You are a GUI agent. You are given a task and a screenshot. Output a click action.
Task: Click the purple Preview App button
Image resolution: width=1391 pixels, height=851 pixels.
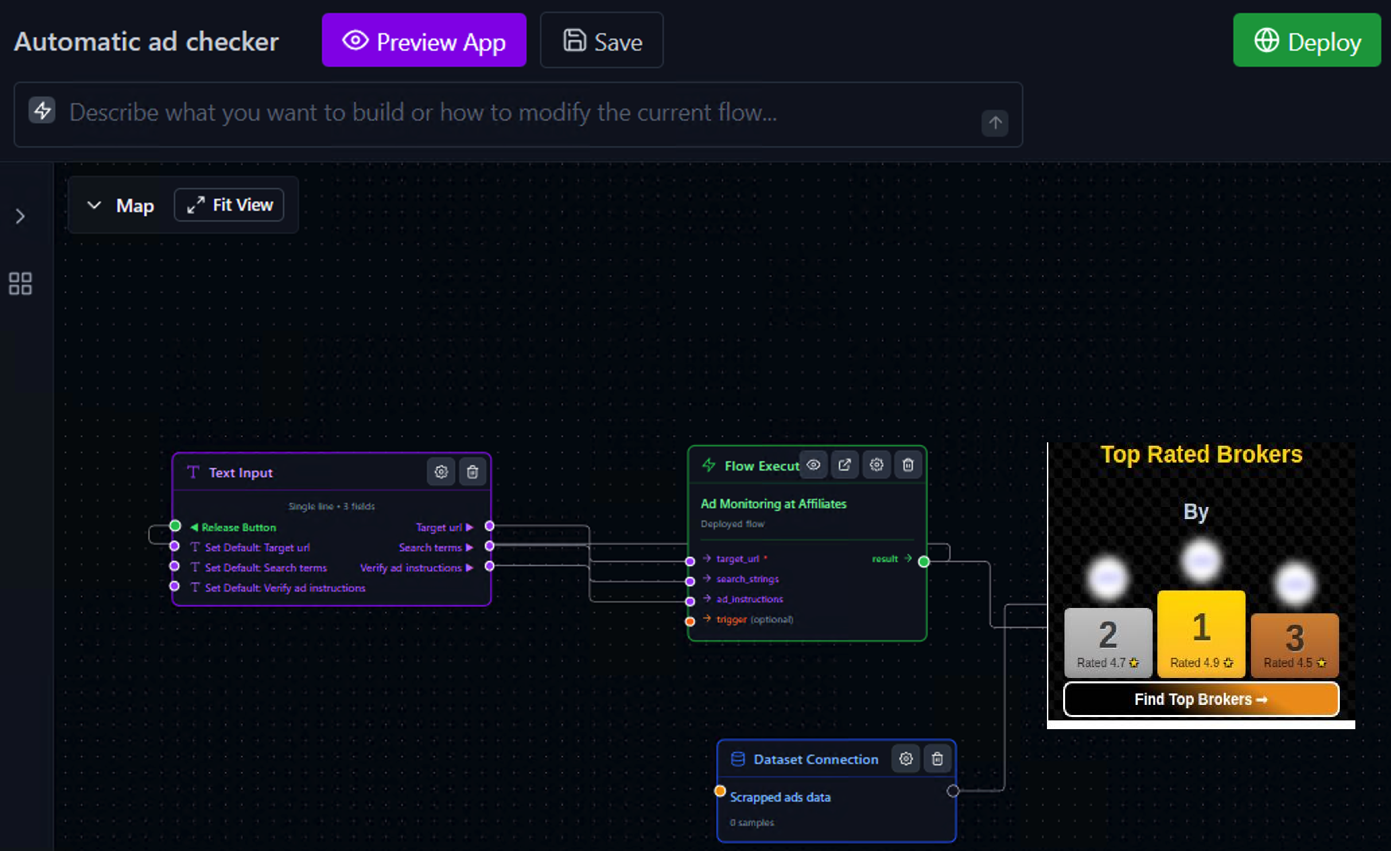[x=423, y=40]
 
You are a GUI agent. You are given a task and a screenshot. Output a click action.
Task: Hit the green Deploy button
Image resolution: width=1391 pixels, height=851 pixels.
[x=1306, y=40]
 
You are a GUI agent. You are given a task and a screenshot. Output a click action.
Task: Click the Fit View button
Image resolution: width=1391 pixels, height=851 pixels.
[x=230, y=205]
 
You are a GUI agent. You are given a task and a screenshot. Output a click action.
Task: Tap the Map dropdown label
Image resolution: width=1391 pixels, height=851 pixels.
[x=135, y=205]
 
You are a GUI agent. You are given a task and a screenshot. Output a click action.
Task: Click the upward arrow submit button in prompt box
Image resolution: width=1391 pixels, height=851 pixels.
[x=994, y=123]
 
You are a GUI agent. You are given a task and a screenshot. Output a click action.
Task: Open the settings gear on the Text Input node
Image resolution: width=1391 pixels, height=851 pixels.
[x=441, y=472]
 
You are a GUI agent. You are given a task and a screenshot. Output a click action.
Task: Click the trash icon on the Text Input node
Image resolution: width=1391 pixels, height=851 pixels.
[x=473, y=472]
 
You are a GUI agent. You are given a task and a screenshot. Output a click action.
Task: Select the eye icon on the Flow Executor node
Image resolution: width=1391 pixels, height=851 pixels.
[x=813, y=465]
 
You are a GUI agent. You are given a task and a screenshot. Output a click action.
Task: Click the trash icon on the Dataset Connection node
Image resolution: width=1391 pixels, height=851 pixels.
[x=937, y=759]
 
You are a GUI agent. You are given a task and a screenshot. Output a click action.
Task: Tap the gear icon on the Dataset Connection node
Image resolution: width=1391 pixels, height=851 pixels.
[x=906, y=759]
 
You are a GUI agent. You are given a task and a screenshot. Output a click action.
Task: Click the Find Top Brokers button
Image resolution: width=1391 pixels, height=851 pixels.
[x=1200, y=700]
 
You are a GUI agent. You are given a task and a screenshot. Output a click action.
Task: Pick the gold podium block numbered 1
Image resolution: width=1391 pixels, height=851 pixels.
[x=1201, y=633]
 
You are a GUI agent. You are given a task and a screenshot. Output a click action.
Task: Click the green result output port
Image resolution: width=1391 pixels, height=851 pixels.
[x=924, y=561]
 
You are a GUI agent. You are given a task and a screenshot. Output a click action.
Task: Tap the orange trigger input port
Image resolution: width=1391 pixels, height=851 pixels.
[x=690, y=621]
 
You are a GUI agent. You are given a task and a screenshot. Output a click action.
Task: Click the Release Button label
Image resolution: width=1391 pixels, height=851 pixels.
[x=238, y=527]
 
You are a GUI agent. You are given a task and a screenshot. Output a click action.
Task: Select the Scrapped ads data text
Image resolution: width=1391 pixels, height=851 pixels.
[x=780, y=797]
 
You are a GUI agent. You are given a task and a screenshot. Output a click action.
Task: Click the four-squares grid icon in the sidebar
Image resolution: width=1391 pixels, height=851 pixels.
[x=20, y=283]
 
